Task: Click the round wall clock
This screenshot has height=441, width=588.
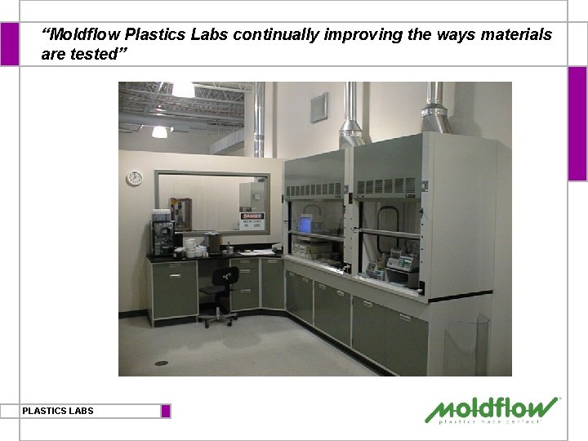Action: [134, 177]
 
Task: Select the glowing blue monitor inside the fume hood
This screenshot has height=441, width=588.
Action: [305, 224]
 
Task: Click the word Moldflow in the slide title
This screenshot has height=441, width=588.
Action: [81, 35]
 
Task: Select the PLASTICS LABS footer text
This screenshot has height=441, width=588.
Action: [58, 411]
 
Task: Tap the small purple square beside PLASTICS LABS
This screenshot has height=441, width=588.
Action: [166, 411]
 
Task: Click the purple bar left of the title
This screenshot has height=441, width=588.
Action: [9, 44]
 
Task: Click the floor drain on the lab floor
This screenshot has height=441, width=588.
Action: [161, 363]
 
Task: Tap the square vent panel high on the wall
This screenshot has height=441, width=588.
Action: [318, 107]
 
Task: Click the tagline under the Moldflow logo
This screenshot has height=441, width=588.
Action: [489, 421]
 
